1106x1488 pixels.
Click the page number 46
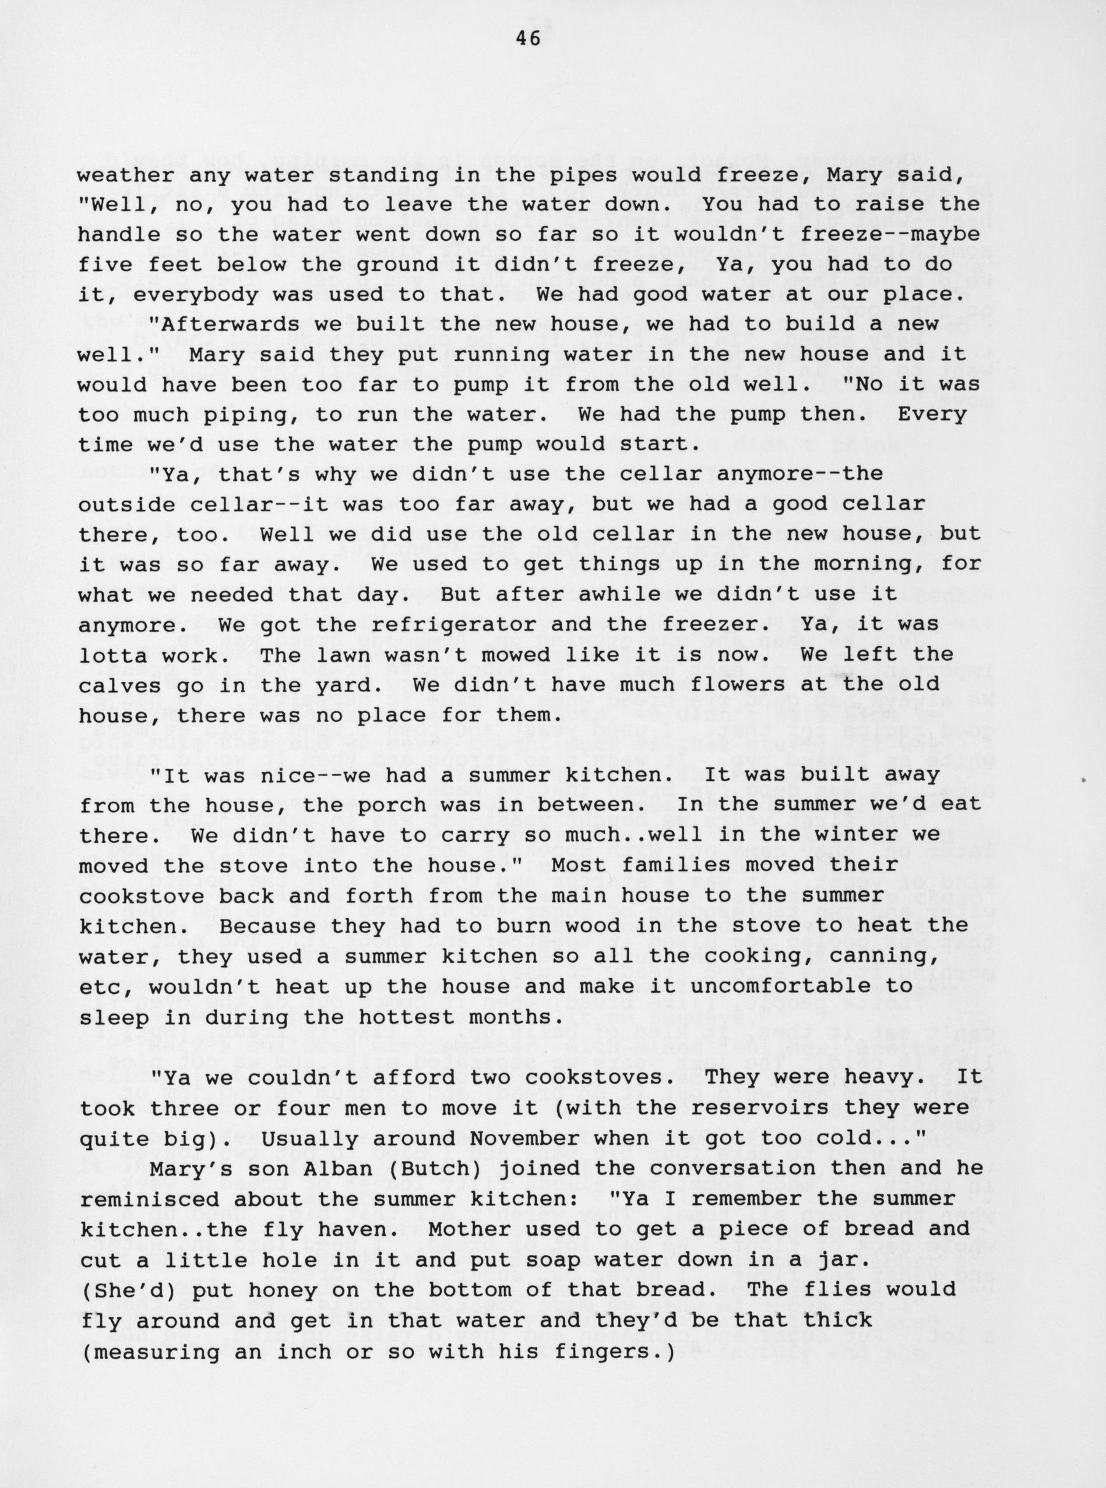pos(528,40)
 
